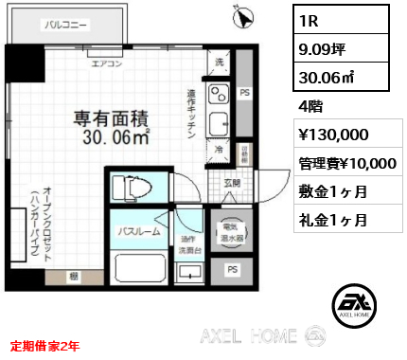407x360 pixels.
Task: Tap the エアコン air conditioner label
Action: [105, 65]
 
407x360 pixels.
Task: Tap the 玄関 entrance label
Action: [232, 182]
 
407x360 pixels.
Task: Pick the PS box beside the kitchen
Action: [243, 93]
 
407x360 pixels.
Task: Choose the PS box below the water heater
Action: [231, 270]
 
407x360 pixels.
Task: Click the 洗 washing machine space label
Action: [220, 62]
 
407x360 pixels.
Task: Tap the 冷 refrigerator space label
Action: [219, 149]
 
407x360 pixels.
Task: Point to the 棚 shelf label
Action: [73, 276]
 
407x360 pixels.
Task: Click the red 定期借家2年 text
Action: [45, 347]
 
